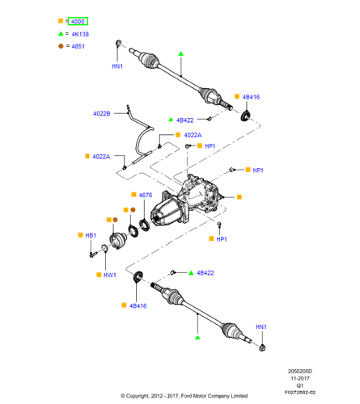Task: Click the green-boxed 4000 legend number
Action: tap(78, 21)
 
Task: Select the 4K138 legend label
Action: tap(80, 34)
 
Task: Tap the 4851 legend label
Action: tap(78, 46)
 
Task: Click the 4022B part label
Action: tap(102, 114)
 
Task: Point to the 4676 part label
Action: tap(146, 195)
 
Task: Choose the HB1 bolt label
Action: tap(91, 235)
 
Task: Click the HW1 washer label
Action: tap(110, 275)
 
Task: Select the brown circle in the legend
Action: tap(61, 46)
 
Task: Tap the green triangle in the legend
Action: tap(61, 34)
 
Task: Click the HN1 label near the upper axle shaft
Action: tap(117, 66)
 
